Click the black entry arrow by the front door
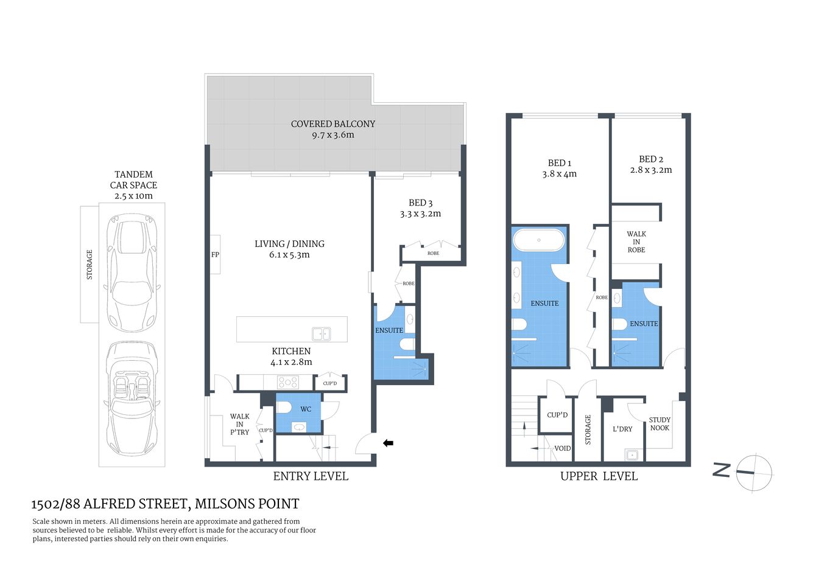coord(388,443)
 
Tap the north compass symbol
coord(753,472)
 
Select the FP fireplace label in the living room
coord(215,255)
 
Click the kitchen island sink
coord(321,333)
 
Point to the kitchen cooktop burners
coord(287,382)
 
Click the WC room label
coord(306,409)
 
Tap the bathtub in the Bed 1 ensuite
coord(538,240)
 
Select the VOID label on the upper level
coord(562,448)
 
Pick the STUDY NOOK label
coord(660,424)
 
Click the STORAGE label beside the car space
coord(90,265)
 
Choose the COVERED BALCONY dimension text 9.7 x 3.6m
coord(333,135)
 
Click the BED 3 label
coord(420,203)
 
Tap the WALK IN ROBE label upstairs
coord(636,242)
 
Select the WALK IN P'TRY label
coord(239,424)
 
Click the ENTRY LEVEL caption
coord(311,476)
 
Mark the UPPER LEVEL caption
coord(599,476)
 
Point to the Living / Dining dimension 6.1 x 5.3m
coord(289,255)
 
